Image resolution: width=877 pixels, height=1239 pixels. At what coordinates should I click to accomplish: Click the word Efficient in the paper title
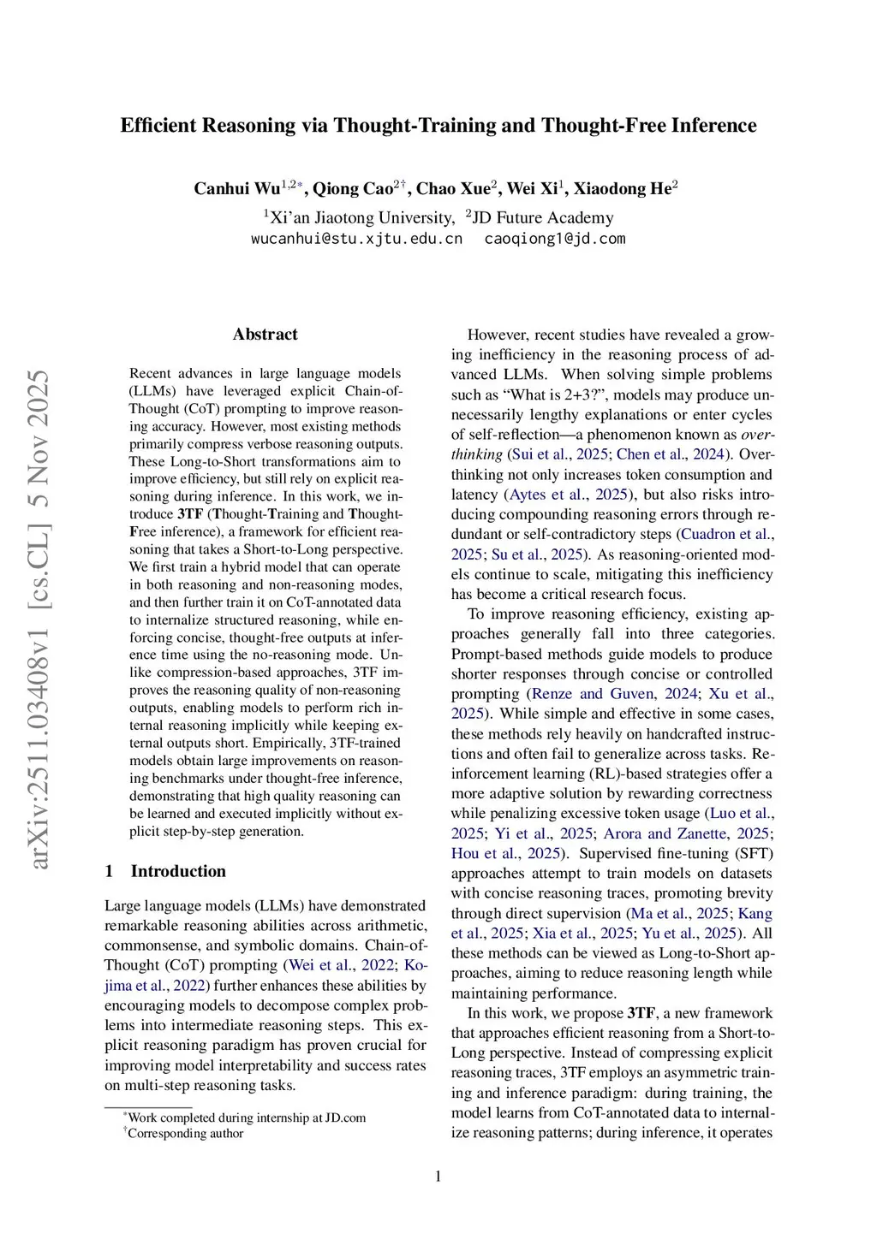pos(159,126)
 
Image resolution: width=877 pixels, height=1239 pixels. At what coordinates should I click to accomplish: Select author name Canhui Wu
pos(237,189)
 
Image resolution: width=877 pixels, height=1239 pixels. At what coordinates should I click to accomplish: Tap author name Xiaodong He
pos(622,189)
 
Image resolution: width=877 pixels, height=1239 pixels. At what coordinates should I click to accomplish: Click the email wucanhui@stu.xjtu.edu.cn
pos(356,239)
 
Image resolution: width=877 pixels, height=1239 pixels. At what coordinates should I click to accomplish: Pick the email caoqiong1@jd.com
pos(555,239)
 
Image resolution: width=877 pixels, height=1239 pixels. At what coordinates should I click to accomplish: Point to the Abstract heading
pos(265,335)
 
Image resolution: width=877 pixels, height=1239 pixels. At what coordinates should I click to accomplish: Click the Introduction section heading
pos(178,871)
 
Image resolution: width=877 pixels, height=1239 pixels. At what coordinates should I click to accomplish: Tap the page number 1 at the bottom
pos(438,1177)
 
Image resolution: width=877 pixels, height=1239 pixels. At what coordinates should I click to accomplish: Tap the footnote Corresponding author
pos(185,1134)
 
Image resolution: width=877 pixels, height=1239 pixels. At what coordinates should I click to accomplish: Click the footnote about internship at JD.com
pos(247,1117)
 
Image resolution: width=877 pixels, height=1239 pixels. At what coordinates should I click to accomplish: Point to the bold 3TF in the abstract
pos(190,514)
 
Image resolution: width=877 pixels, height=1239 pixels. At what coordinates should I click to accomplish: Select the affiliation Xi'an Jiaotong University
pos(362,218)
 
